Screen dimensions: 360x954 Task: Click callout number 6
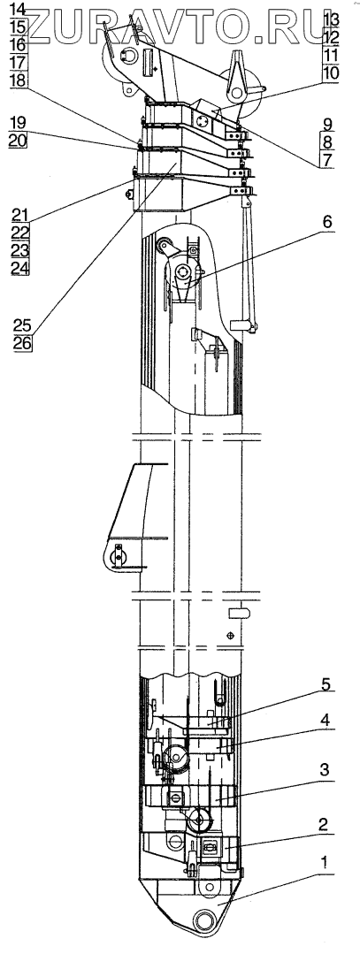pos(327,223)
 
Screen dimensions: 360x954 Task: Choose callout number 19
pos(19,124)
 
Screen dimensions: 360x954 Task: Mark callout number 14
pos(19,10)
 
